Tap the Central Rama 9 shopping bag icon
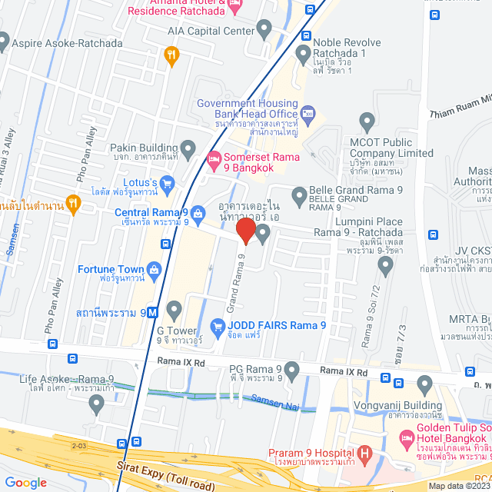[198, 212]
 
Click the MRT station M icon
[153, 313]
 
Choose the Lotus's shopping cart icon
[168, 182]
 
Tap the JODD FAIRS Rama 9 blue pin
[218, 325]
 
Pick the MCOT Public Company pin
[367, 120]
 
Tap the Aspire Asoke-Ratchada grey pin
[4, 42]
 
